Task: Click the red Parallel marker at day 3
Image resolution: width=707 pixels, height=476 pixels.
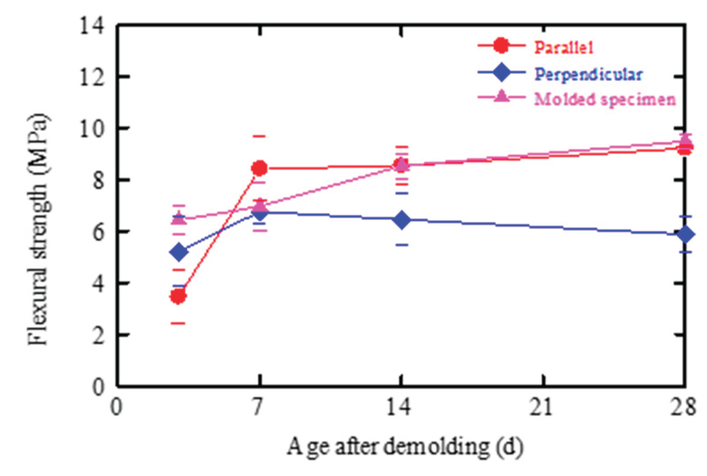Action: (x=178, y=296)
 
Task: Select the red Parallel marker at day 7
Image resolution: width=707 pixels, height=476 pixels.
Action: (x=259, y=168)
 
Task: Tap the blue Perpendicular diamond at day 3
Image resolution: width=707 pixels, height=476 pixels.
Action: (x=179, y=252)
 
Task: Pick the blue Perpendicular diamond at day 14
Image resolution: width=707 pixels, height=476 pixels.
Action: (x=402, y=220)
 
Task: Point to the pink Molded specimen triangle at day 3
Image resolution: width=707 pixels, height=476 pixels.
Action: (x=179, y=218)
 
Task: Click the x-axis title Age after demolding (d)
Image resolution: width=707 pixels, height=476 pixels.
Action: (x=404, y=447)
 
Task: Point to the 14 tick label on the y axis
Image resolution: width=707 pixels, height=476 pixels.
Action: (x=92, y=26)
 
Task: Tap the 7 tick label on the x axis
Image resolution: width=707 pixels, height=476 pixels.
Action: (x=259, y=408)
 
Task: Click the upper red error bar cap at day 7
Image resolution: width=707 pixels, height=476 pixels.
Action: (x=259, y=136)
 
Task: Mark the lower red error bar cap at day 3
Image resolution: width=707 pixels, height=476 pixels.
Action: (x=178, y=323)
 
